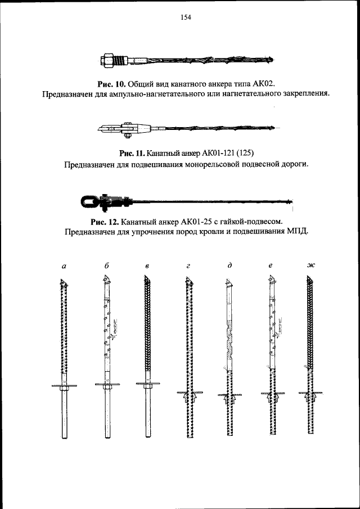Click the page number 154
185,17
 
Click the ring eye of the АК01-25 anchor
90,200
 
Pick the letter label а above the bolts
64,267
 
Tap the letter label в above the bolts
146,267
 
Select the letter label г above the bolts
188,267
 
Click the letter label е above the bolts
271,267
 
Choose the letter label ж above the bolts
311,266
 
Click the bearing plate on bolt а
64,385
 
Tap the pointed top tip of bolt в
146,277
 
